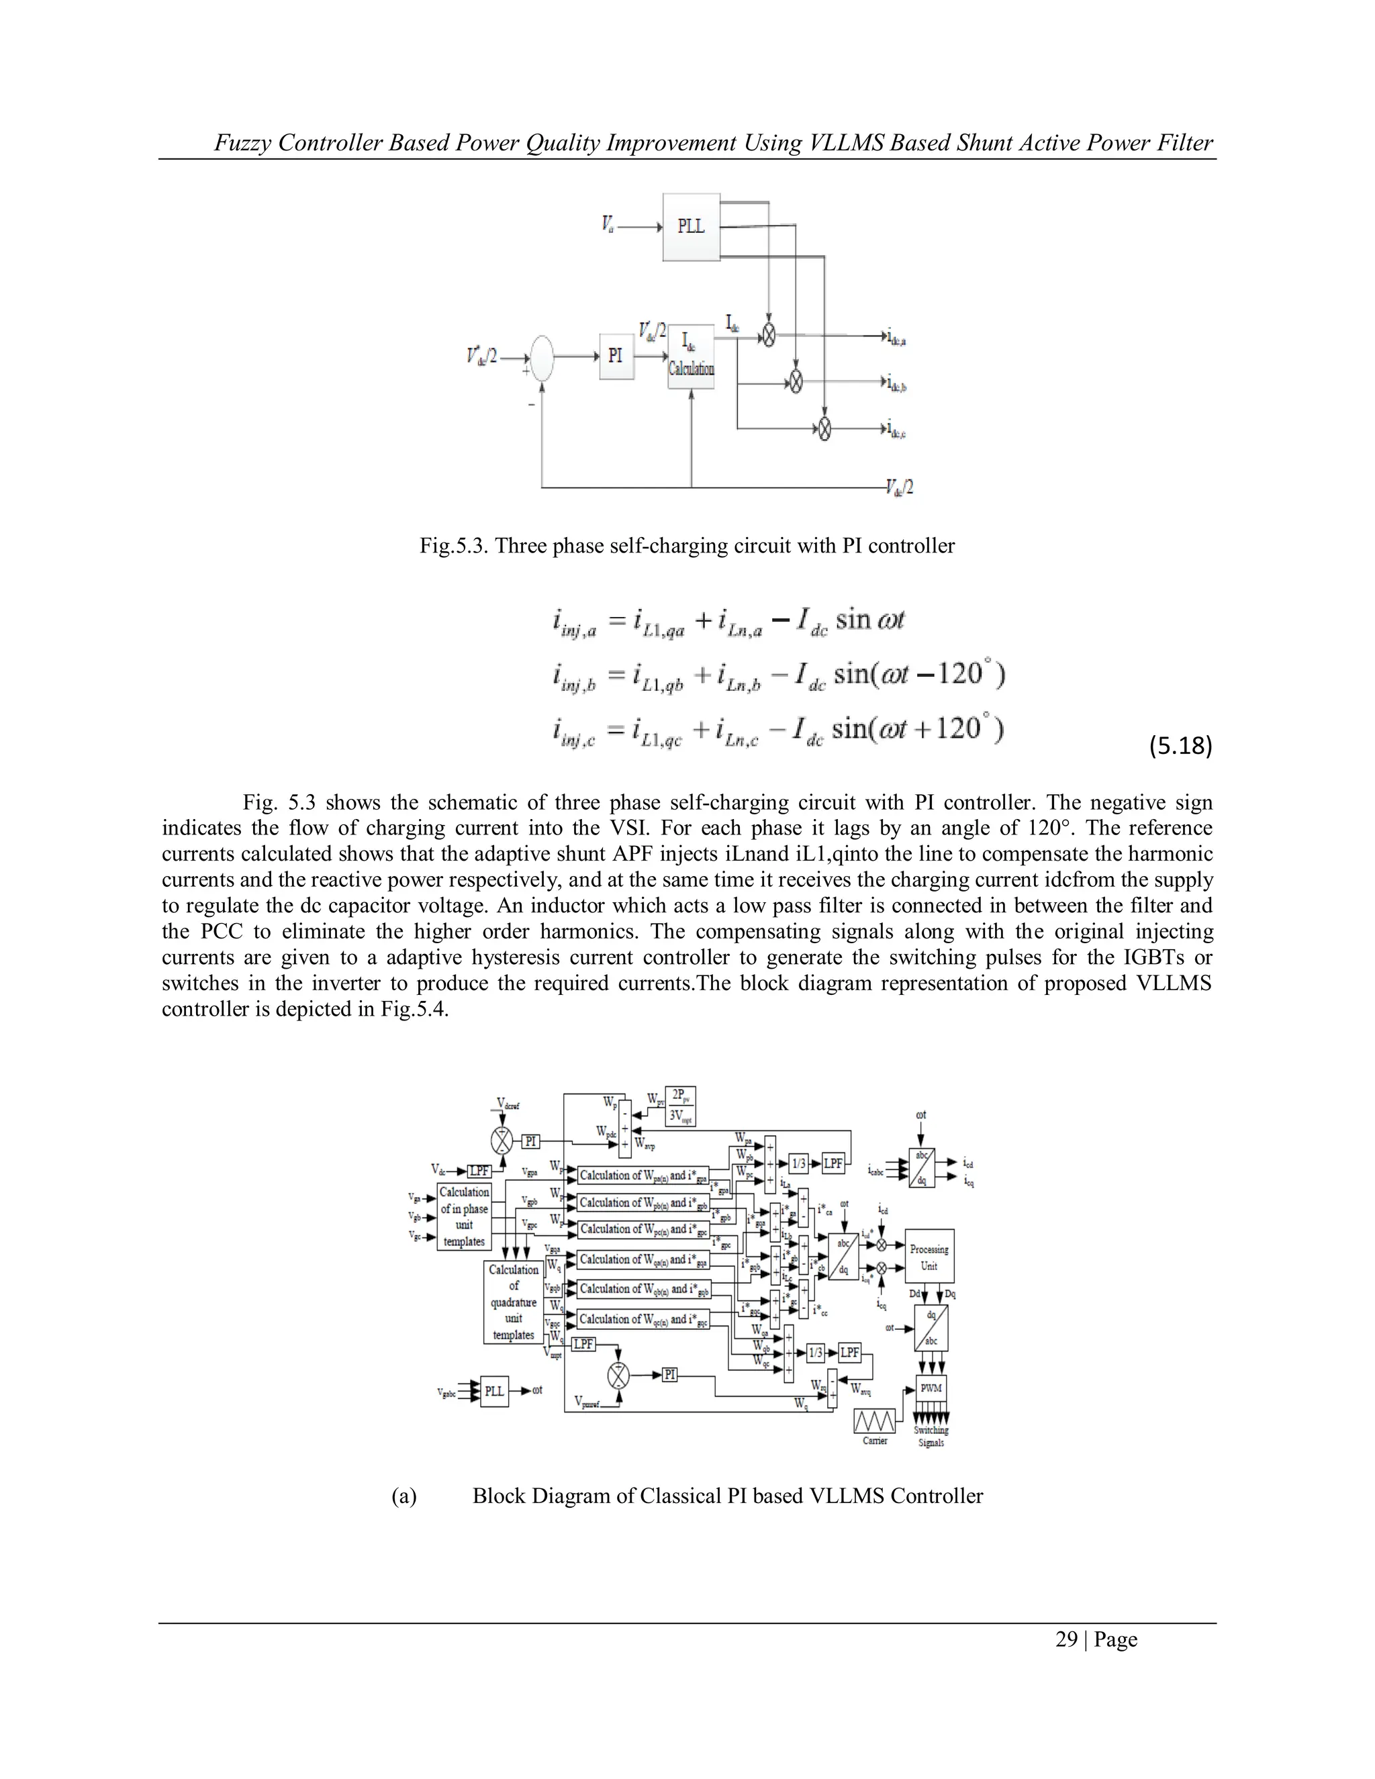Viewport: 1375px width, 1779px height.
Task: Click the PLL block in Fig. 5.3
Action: (x=691, y=226)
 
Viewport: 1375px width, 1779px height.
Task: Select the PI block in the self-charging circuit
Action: (x=615, y=356)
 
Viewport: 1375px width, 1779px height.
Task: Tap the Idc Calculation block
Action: (x=691, y=356)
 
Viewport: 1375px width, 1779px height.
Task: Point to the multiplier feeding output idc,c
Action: (x=824, y=428)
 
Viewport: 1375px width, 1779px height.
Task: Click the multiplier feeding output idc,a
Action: (x=767, y=335)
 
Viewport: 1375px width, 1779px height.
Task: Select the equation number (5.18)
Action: (x=1180, y=744)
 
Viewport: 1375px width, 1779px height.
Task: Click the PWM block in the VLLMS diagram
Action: (x=931, y=1388)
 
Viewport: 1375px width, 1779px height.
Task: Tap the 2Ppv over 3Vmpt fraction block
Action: (x=680, y=1106)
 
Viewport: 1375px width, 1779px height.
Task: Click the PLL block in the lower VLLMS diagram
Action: (x=493, y=1391)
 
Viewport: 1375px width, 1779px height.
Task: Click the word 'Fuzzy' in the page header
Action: (x=242, y=144)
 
